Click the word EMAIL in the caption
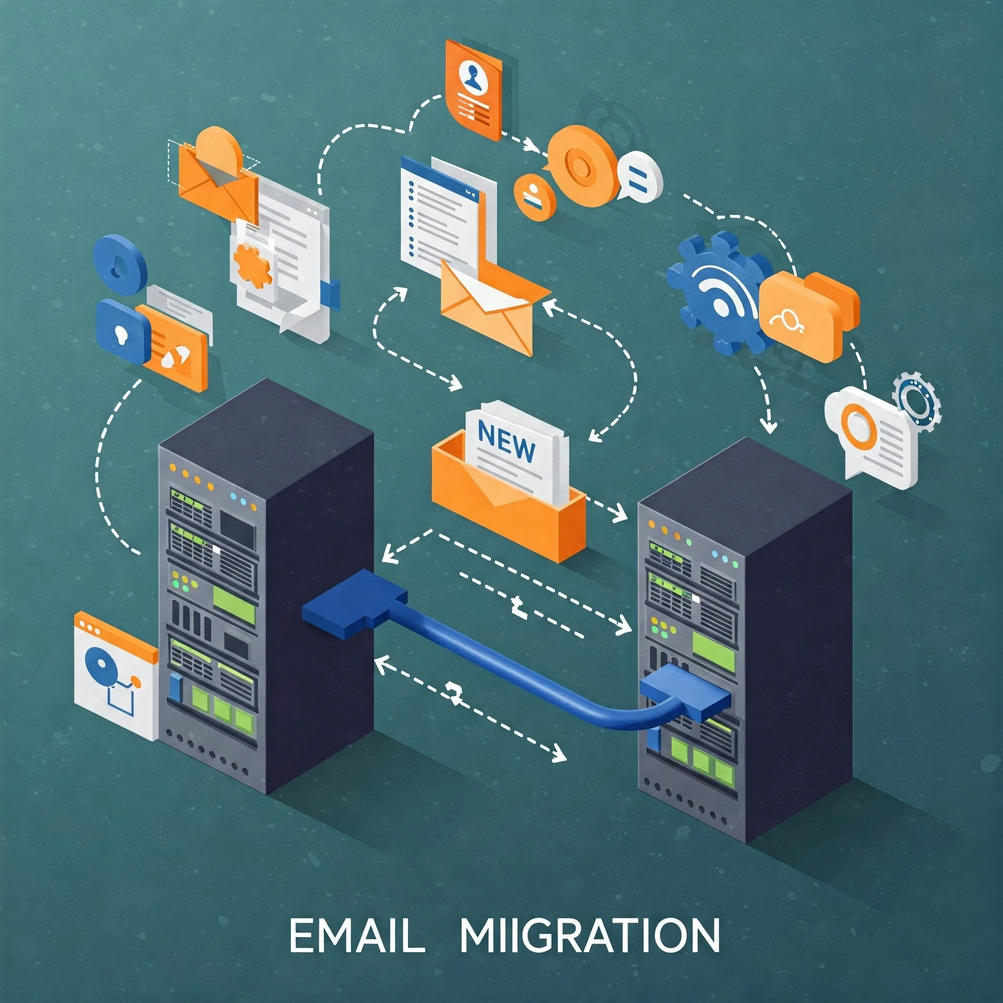pyautogui.click(x=357, y=935)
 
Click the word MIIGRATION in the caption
pyautogui.click(x=589, y=935)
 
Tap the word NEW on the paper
pyautogui.click(x=507, y=442)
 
